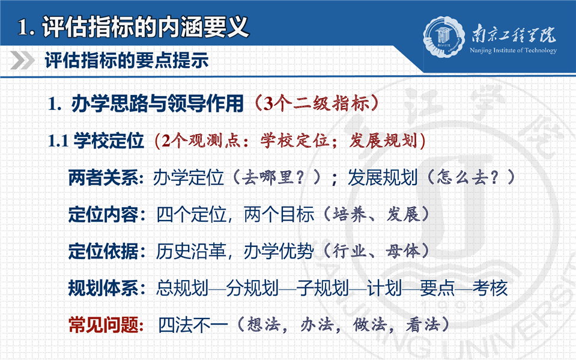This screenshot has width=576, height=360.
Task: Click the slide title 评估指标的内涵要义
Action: (x=145, y=26)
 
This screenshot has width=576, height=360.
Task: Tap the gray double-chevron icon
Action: (x=22, y=60)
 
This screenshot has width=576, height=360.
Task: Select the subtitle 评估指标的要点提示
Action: (x=126, y=60)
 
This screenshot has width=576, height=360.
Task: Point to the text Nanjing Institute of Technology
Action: (x=513, y=50)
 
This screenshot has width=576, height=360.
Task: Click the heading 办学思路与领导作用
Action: (x=157, y=103)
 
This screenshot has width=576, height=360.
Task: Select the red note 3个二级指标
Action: (x=317, y=103)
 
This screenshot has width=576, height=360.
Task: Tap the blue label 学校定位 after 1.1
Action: (x=109, y=141)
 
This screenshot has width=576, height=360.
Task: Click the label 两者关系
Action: (x=103, y=178)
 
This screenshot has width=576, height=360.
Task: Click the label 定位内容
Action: (x=103, y=215)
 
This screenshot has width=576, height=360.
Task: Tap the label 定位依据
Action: (x=103, y=251)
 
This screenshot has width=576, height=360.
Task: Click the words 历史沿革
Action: (x=191, y=251)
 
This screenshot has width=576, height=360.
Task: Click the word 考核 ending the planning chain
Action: (x=490, y=288)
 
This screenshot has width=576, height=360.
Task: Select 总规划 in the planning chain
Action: (x=183, y=288)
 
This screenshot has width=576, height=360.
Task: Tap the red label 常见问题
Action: (x=103, y=325)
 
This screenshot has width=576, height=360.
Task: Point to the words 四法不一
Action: (x=193, y=325)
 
